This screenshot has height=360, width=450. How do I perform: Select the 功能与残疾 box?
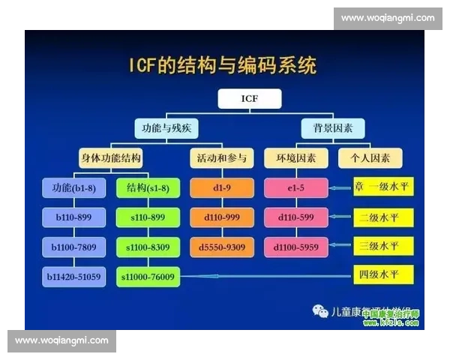[166, 128]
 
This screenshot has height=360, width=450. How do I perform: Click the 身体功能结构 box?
[111, 158]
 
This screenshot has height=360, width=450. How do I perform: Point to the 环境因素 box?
[295, 158]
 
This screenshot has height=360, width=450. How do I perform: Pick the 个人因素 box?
[370, 158]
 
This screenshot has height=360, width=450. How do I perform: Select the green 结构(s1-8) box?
[148, 187]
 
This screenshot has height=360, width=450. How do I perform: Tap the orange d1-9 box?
[221, 187]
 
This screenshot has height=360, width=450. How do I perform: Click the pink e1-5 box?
[295, 187]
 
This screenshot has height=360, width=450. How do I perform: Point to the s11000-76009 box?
[148, 277]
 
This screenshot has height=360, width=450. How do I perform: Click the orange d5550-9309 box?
[221, 247]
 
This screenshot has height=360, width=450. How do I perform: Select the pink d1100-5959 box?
[295, 247]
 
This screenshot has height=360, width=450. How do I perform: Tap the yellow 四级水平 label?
[383, 275]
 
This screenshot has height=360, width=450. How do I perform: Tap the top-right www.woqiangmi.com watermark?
[387, 17]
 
